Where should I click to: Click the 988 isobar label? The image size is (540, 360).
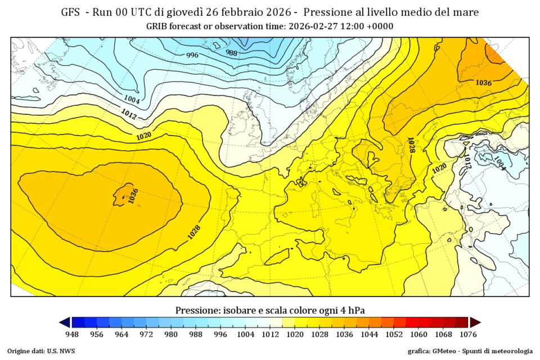232,52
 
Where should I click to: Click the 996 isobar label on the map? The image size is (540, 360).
192,55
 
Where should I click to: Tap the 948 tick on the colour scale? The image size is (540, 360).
72,334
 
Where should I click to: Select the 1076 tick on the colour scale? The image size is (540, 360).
469,334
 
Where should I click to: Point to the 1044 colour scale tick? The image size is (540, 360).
369,334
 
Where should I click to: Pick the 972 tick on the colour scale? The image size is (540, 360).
146,334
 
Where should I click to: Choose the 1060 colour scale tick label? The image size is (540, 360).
419,334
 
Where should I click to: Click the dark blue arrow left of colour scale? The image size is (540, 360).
64,322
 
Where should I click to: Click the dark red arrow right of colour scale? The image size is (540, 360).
476,322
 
